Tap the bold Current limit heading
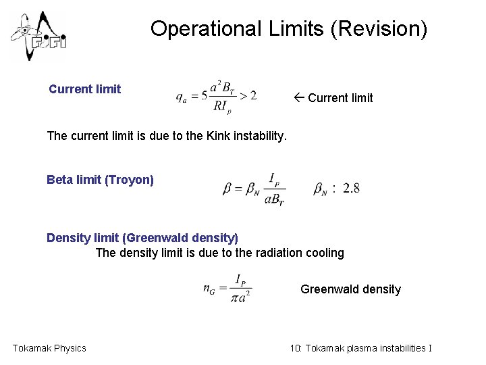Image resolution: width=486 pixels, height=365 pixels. pyautogui.click(x=85, y=89)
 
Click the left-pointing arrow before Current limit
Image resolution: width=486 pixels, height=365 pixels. pyautogui.click(x=300, y=98)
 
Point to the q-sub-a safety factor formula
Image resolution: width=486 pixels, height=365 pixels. pyautogui.click(x=216, y=95)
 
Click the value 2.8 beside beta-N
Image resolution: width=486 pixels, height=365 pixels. pyautogui.click(x=351, y=189)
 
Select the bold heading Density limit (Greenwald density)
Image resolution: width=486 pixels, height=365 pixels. pyautogui.click(x=142, y=238)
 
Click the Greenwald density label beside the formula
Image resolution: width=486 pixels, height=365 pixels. pyautogui.click(x=350, y=289)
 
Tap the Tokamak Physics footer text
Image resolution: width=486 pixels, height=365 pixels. pyautogui.click(x=49, y=348)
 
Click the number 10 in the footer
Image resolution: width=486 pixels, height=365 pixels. pyautogui.click(x=295, y=348)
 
